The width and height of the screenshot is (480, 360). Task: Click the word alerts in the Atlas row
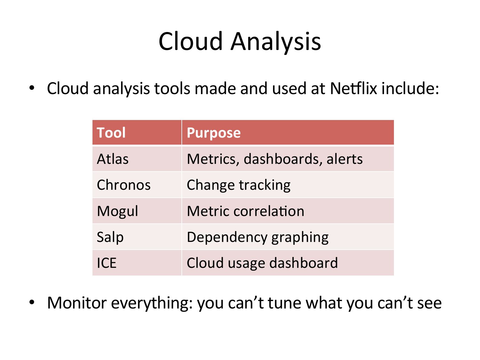[344, 159]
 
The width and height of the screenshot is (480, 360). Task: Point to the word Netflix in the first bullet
[354, 88]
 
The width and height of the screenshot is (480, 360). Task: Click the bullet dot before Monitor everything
[32, 302]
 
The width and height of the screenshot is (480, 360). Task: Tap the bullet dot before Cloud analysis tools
[32, 88]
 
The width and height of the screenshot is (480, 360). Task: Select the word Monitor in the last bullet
[77, 303]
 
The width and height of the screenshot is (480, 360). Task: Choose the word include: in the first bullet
[410, 88]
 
